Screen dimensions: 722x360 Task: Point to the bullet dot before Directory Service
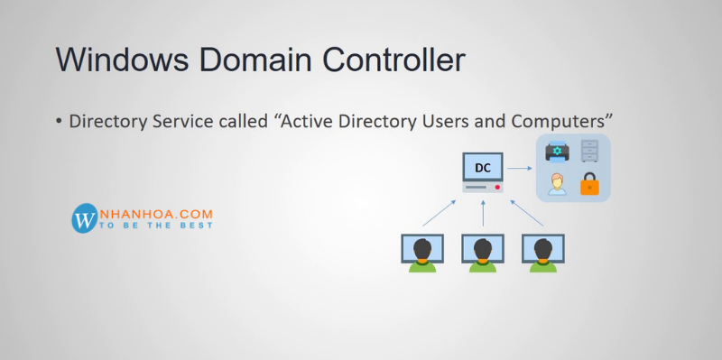60,121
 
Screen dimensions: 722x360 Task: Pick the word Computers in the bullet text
560,121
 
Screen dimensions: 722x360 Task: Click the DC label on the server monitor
483,168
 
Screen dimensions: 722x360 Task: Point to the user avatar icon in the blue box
558,184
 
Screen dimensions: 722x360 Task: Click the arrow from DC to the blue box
519,169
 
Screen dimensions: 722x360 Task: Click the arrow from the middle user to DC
484,215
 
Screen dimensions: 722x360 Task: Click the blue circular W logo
84,217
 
